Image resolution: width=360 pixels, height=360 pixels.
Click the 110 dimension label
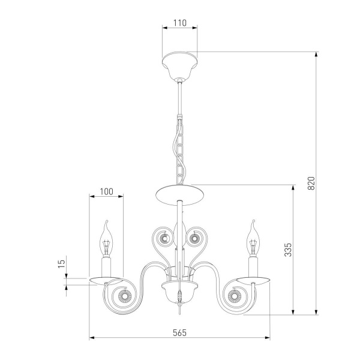180,23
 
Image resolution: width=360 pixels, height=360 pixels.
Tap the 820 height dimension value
311,183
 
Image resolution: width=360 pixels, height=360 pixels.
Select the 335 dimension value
287,250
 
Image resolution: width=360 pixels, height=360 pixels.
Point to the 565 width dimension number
180,332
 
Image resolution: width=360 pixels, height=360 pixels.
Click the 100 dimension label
106,191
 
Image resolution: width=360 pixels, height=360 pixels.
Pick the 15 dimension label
62,263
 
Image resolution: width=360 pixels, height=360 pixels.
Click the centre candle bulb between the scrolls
179,234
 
